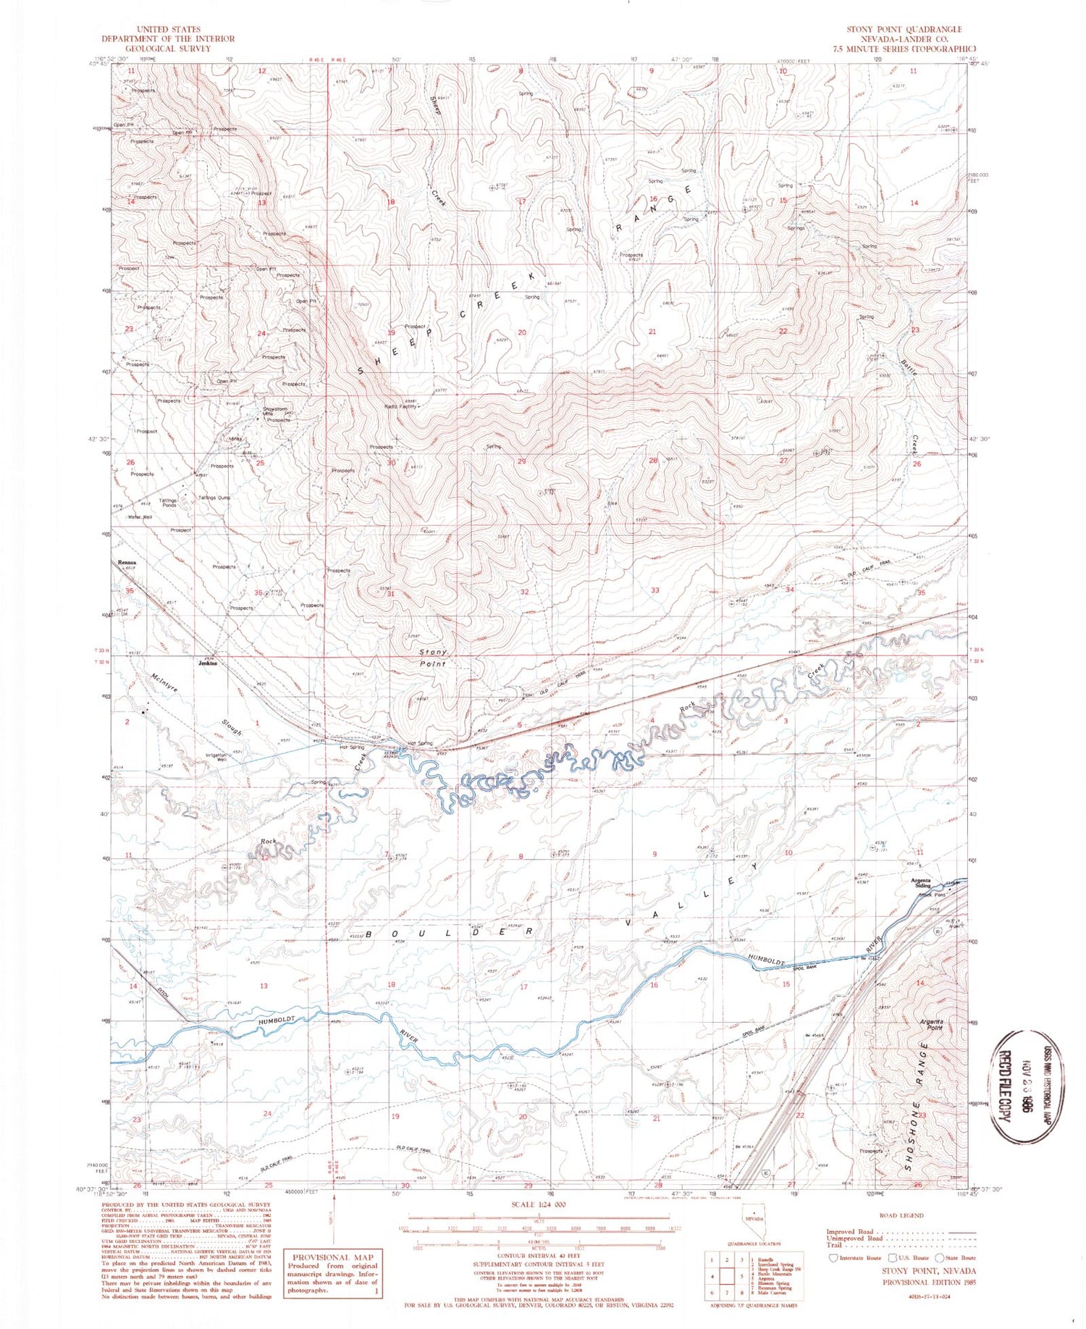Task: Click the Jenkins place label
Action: [208, 663]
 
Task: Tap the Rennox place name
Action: [127, 562]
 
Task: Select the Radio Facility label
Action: [400, 406]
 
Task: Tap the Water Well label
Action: [140, 517]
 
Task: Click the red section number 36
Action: [258, 593]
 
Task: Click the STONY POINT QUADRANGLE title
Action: [904, 30]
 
